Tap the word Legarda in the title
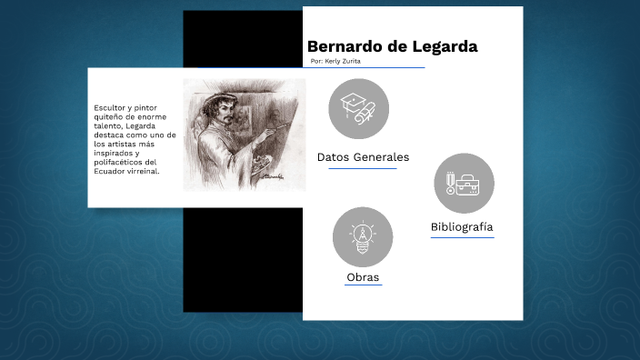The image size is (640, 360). [x=445, y=46]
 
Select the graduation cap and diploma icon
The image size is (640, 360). [x=358, y=108]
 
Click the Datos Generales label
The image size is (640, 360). [x=363, y=157]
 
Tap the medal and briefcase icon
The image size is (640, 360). [x=464, y=183]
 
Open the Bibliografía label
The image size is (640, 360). [x=463, y=226]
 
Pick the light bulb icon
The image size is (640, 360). [x=363, y=236]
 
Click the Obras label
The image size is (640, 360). [x=363, y=277]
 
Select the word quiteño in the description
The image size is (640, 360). [x=111, y=116]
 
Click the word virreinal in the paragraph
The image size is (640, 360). [x=145, y=171]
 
